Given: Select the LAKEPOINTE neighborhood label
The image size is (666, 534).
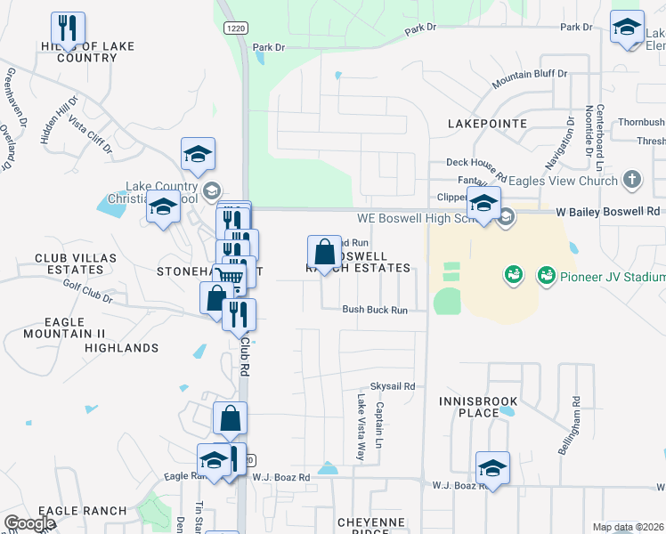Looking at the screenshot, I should [x=487, y=124].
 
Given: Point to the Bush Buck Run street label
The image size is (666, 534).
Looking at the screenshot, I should [x=375, y=311].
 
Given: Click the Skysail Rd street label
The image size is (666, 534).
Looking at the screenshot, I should [x=393, y=386].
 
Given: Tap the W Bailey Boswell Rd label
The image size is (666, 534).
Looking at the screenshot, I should [x=608, y=212].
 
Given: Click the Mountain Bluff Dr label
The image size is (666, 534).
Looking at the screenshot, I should [x=530, y=78].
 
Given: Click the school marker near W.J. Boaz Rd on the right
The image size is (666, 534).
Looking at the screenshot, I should [x=492, y=468].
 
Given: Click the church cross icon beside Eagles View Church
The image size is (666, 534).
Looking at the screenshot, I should [x=632, y=180].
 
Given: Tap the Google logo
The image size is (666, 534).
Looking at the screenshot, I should [x=29, y=524].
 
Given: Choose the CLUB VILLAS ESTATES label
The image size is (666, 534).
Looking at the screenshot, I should [x=69, y=263].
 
